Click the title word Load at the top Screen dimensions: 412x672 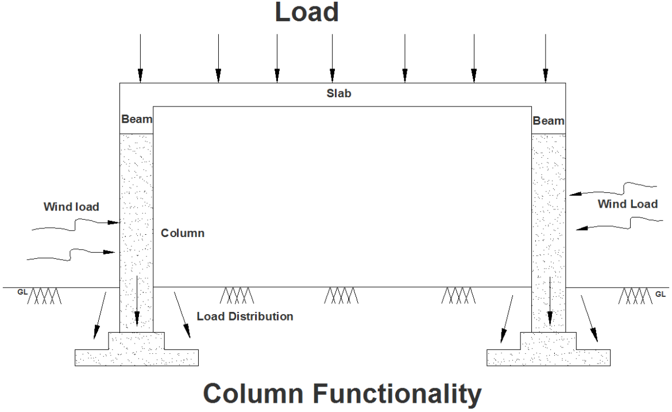pos(306,13)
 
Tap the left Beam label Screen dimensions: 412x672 pos(137,120)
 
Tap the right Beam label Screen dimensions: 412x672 pos(549,121)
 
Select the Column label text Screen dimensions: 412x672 pos(182,234)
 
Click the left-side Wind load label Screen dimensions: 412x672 pos(71,207)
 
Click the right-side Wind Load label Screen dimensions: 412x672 pos(627,204)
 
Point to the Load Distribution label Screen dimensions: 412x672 pos(245,316)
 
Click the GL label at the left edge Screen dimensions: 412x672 pos(22,292)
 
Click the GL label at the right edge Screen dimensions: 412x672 pos(661,294)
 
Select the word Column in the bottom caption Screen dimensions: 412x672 pos(253,395)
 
